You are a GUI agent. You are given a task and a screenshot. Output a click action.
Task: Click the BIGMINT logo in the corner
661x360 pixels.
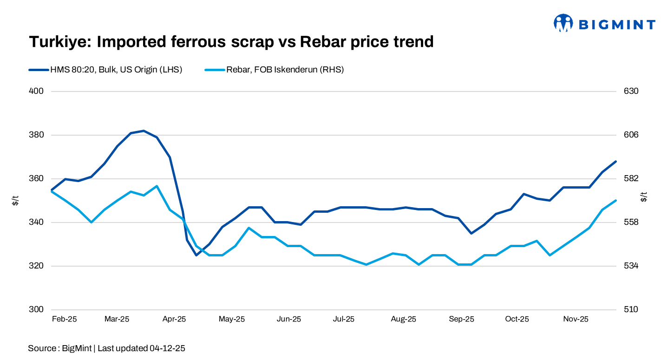603,23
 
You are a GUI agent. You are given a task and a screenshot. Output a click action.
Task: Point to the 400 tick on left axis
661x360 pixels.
36,91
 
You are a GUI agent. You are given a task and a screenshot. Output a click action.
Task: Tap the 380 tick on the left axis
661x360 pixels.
36,135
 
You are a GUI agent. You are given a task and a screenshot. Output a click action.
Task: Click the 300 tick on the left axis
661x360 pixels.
36,310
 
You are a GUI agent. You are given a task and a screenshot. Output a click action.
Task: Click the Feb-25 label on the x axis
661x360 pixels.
65,319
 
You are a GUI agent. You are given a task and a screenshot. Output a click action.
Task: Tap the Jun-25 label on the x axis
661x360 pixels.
289,319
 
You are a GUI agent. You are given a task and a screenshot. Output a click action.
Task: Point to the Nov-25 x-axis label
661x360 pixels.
576,319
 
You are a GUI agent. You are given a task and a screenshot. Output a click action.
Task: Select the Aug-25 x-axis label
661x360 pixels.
404,319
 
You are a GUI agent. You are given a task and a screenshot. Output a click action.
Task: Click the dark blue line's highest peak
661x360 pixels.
144,131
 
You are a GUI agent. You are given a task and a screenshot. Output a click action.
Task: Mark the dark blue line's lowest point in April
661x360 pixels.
196,255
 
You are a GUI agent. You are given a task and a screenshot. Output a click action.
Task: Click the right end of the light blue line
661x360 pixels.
616,201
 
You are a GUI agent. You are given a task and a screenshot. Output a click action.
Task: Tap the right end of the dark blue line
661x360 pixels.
616,161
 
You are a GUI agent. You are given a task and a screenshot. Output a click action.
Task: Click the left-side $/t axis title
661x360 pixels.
15,200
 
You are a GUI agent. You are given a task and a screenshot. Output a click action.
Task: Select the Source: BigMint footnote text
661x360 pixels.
106,348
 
